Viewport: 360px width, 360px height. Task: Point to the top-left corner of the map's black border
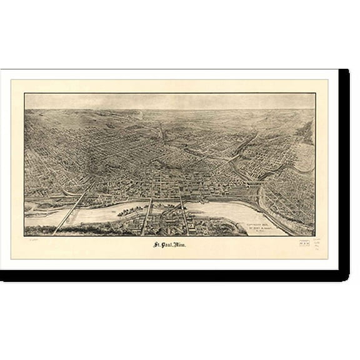coord(24,94)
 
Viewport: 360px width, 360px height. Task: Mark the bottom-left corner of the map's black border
coord(24,236)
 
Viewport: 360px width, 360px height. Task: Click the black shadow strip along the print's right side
coord(344,169)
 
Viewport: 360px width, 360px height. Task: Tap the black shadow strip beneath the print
coord(175,276)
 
